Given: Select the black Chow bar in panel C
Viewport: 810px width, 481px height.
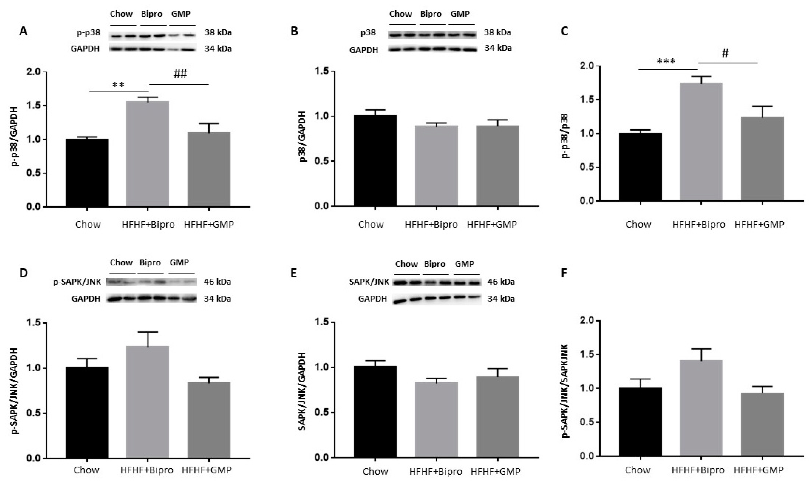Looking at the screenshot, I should [640, 167].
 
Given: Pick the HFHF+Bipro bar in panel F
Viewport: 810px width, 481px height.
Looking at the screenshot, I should [701, 408].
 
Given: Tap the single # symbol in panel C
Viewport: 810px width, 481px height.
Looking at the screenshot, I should [725, 53].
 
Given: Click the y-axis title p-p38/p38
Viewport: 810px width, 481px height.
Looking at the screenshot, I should [565, 136].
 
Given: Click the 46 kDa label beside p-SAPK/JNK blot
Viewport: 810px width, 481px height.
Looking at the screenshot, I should [217, 282].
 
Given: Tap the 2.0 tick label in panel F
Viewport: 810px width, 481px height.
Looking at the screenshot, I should [589, 321].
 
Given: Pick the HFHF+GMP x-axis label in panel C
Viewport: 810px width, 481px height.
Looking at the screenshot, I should [759, 224].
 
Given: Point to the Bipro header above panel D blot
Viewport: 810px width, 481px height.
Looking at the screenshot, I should [150, 262].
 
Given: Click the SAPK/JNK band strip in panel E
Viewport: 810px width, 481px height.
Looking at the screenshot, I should [437, 283].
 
